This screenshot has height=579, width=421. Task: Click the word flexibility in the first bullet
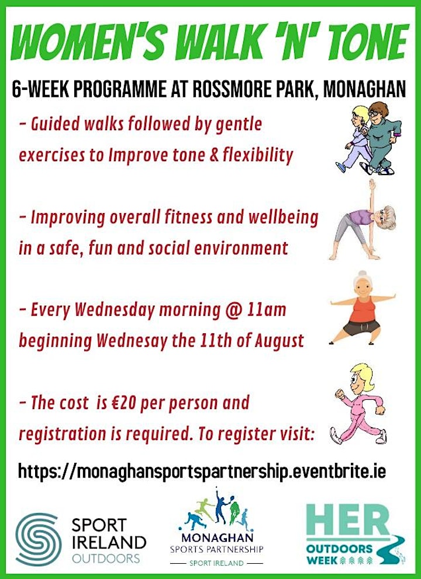point(257,155)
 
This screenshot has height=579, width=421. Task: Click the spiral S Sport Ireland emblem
point(38,539)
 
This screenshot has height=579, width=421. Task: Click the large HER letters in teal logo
point(348,521)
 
